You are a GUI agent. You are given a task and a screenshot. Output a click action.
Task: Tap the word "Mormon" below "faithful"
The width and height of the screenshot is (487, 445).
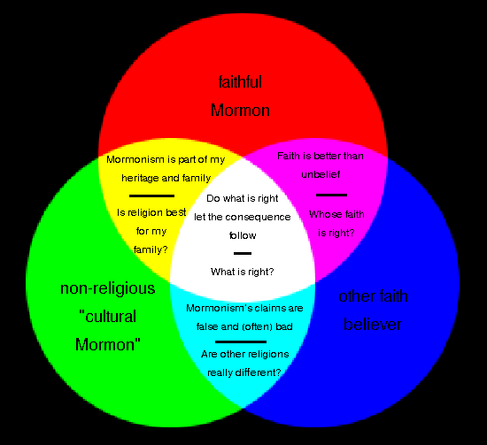[x=240, y=111]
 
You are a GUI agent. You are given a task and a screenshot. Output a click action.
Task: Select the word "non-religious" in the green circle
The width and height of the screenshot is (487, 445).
[x=107, y=288]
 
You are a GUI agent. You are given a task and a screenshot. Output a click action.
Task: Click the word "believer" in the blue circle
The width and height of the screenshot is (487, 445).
[x=373, y=325]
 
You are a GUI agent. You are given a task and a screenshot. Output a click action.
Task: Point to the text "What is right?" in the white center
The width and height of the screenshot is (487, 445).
[x=242, y=271]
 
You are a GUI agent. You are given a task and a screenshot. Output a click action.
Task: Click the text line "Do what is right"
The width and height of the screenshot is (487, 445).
[x=242, y=198]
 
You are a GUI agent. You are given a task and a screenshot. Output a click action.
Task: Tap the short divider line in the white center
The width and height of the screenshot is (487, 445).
[x=242, y=254]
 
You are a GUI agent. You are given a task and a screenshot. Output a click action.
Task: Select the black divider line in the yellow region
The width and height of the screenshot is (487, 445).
[x=151, y=195]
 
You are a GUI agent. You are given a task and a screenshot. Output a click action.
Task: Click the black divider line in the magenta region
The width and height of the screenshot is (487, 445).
[x=331, y=194]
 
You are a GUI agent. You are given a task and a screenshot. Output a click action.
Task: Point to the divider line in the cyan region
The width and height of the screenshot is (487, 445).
[x=241, y=341]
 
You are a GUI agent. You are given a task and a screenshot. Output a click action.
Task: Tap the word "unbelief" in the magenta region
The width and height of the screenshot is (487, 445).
[x=325, y=175]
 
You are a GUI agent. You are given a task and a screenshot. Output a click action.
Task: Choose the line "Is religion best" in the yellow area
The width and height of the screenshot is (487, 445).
[x=153, y=212]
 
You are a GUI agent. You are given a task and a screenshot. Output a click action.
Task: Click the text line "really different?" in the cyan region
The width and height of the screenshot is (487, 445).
[x=244, y=372]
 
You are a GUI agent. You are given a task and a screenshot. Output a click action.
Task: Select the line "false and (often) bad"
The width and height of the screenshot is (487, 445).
[x=243, y=325]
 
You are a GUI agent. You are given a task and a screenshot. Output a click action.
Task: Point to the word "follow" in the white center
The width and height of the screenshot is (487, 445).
[x=242, y=235]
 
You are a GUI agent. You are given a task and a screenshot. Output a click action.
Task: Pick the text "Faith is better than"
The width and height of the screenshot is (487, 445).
[x=321, y=157]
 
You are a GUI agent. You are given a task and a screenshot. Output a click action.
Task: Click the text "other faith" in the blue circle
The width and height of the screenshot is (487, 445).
[x=373, y=296]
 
